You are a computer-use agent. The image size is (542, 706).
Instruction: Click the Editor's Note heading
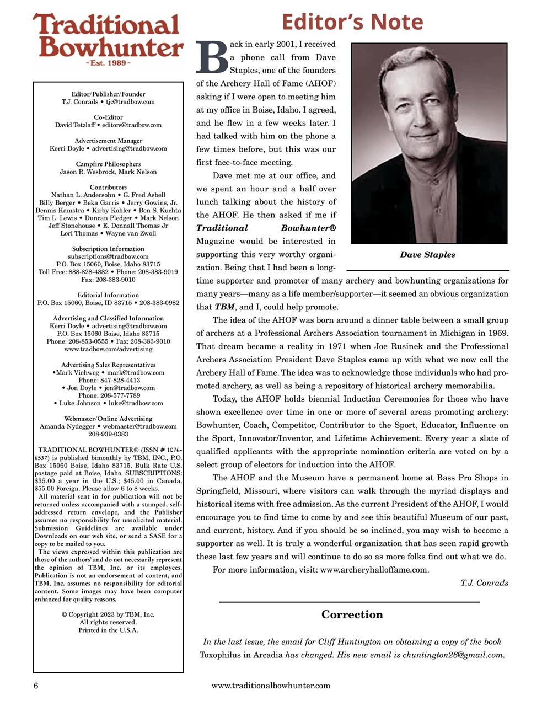click(x=352, y=22)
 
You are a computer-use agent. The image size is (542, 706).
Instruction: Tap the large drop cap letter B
click(x=212, y=57)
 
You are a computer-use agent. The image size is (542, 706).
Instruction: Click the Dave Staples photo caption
click(x=427, y=255)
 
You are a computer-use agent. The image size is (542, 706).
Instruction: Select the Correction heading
click(x=352, y=614)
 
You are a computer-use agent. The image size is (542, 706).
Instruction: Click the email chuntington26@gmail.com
click(x=453, y=655)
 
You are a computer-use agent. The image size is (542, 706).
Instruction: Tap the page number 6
click(x=36, y=686)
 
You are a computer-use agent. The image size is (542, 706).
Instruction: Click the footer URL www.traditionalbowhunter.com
click(x=271, y=686)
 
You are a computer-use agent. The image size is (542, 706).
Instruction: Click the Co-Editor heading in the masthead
click(x=108, y=117)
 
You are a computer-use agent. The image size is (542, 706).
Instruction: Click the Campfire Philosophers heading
click(x=108, y=164)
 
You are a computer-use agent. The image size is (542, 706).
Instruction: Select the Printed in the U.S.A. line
click(x=108, y=630)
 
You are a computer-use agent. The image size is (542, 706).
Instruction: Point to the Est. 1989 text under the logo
click(x=108, y=63)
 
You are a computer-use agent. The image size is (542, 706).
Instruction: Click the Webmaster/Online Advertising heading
click(x=108, y=419)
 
